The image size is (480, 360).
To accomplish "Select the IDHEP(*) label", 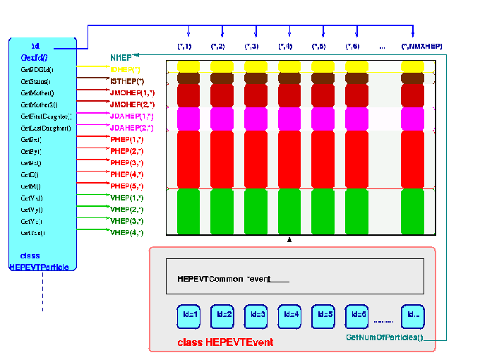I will (x=126, y=69).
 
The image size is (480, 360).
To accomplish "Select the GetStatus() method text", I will (x=36, y=81).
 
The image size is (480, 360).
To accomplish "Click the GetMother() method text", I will (x=37, y=92).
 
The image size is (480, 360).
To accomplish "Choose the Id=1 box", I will (x=188, y=315).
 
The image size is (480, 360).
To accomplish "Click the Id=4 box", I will (x=289, y=315).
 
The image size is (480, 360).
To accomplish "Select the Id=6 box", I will (x=357, y=315).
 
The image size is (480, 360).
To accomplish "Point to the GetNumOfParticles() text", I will (x=384, y=338).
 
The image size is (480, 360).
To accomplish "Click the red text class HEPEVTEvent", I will (x=225, y=342).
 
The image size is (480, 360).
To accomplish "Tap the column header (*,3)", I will (x=251, y=47).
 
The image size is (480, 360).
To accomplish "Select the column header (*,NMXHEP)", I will (x=421, y=47).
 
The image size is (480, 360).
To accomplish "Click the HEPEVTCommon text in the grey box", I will (x=210, y=279).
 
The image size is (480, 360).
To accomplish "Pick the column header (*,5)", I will (x=318, y=47).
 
